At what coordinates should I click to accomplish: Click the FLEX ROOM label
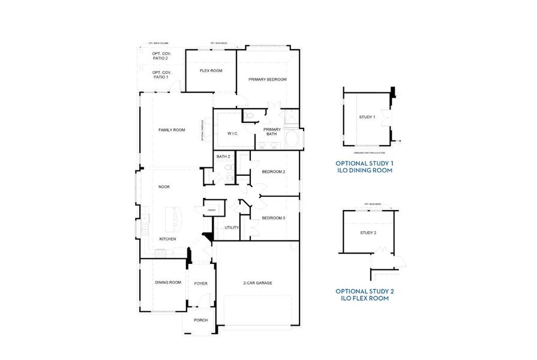coord(211,71)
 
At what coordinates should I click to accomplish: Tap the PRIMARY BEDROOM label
coord(268,79)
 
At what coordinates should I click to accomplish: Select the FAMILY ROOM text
coord(172,130)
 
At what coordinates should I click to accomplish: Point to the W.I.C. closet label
coord(233,133)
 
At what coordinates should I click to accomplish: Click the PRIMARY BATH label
coord(272,131)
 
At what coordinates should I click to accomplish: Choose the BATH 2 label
coord(223,157)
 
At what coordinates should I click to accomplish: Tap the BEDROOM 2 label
coord(273,172)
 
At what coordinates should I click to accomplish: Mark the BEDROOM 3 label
coord(273,218)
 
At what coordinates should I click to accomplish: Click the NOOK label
coord(164,187)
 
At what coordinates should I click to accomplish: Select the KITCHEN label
coord(167,239)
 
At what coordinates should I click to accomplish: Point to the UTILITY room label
coord(232,227)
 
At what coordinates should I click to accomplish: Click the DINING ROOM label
coord(168,282)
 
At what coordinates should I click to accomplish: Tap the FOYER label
coord(200,283)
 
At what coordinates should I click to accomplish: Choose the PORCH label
coord(200,320)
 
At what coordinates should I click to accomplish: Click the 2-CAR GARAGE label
coord(257,283)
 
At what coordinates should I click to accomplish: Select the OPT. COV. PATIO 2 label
coord(160,56)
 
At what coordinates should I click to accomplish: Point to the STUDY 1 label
coord(367,117)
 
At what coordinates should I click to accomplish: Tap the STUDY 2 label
coord(368,232)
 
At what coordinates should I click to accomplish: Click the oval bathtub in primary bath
coord(293,140)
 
